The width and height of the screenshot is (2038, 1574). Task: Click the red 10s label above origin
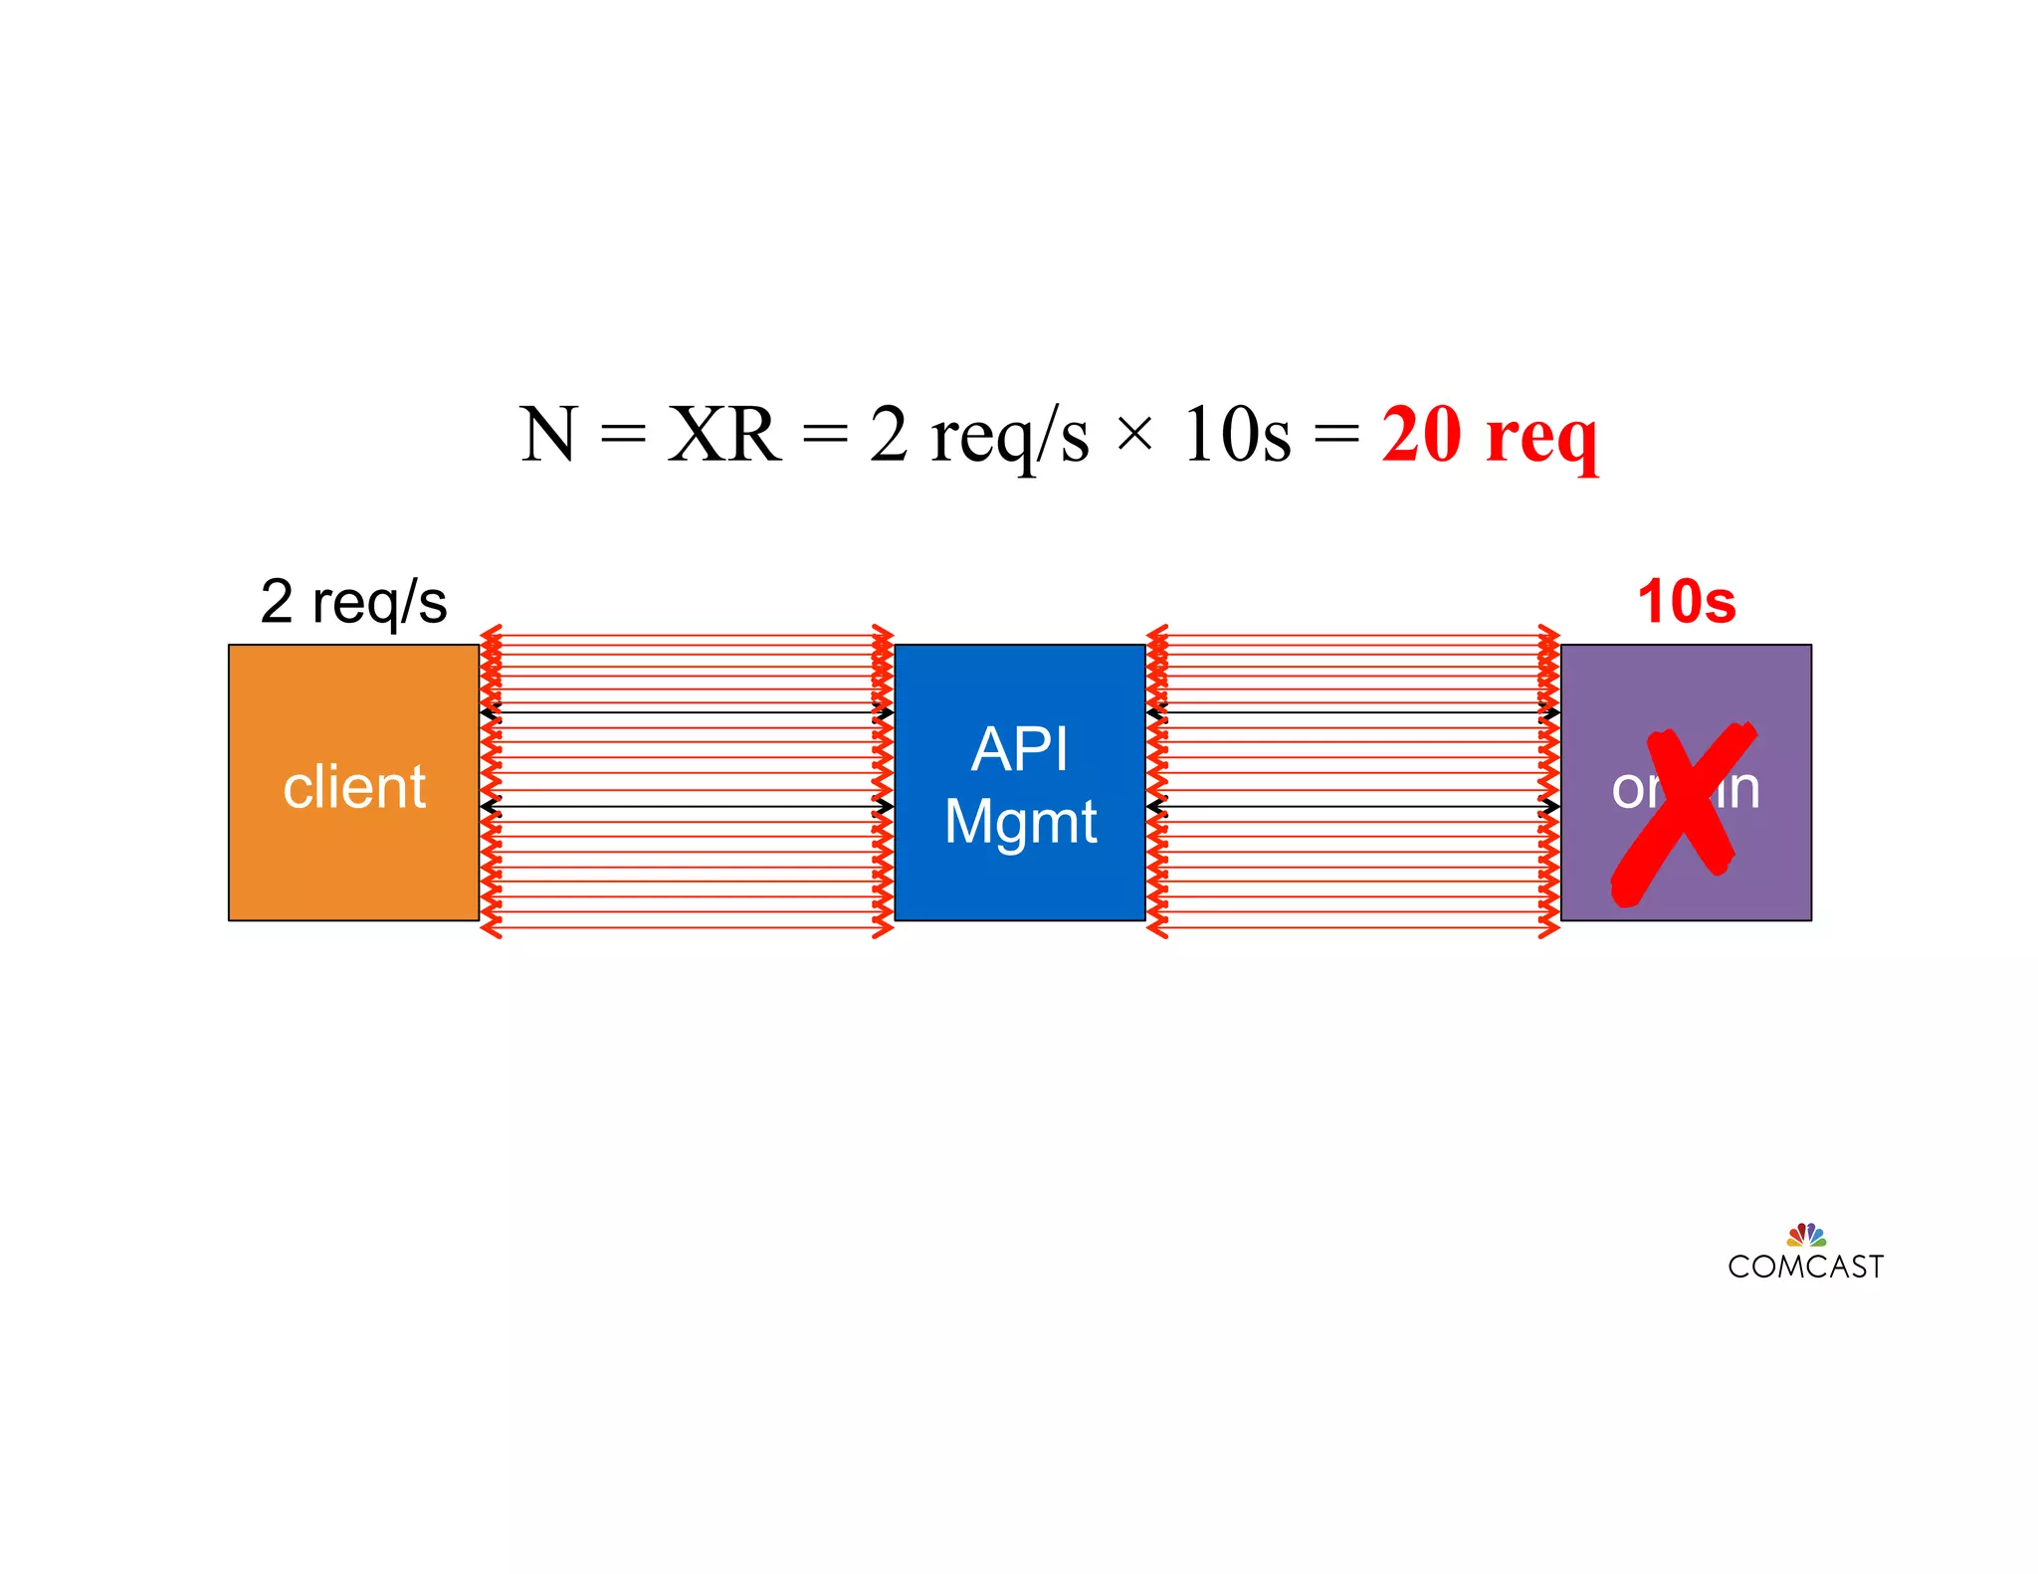(1686, 602)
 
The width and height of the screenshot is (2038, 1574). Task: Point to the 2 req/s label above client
(353, 602)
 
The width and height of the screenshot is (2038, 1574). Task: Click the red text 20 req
(1489, 435)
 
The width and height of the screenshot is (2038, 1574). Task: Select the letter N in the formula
(547, 435)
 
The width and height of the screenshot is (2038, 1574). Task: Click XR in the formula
(723, 435)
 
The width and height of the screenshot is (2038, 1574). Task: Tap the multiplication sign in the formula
(1134, 435)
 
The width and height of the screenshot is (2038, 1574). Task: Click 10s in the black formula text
(1237, 435)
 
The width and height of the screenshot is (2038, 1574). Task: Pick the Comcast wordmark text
(1805, 1267)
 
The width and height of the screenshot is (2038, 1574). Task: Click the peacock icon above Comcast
(1805, 1235)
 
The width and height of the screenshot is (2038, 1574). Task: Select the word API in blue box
(1019, 748)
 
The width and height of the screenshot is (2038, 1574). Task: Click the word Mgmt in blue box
(1019, 822)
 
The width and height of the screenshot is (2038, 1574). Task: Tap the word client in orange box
(353, 787)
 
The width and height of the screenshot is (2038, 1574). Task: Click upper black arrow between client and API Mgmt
(687, 712)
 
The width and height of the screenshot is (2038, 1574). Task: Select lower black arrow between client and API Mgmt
(687, 806)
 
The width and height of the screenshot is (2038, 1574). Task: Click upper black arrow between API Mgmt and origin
(1353, 712)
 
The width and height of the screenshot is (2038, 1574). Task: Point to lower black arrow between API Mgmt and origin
(1353, 806)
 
